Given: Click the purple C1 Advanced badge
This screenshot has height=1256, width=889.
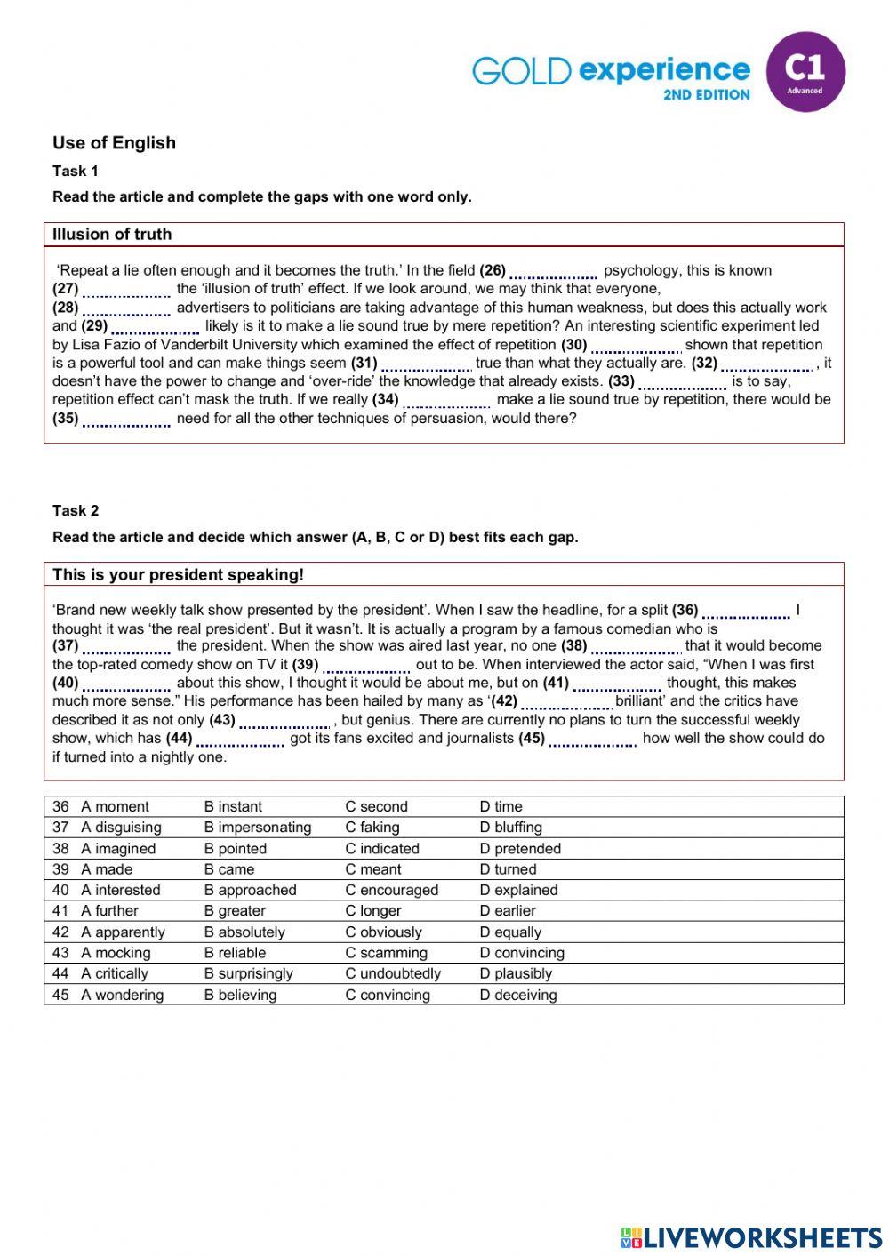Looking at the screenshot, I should click(x=805, y=72).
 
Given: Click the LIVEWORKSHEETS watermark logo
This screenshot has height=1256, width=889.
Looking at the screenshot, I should click(x=751, y=1237).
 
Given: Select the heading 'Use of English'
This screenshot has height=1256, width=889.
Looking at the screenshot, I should click(x=114, y=142).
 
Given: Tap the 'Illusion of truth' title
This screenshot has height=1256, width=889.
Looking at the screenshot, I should click(x=112, y=235).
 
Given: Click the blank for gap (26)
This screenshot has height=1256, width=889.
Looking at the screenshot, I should click(x=553, y=272).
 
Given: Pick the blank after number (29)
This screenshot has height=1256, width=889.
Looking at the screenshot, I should click(x=155, y=327).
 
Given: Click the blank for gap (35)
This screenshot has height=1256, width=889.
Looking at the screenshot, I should click(x=126, y=420).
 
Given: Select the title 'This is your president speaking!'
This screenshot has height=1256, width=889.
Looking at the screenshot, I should click(x=178, y=574).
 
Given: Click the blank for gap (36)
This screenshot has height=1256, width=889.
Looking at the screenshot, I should click(x=746, y=612).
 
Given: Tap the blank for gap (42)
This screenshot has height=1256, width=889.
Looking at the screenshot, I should click(x=565, y=702).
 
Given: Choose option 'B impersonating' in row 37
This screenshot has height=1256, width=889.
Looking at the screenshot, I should click(x=258, y=828).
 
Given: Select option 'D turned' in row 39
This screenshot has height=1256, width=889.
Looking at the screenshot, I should click(x=508, y=869).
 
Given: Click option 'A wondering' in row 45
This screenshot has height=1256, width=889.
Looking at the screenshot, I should click(x=122, y=995).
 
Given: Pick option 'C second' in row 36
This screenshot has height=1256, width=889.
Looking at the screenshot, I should click(x=376, y=807).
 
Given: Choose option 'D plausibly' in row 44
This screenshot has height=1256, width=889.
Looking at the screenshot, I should click(x=516, y=973).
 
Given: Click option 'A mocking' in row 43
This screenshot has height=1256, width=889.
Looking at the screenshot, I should click(x=116, y=953).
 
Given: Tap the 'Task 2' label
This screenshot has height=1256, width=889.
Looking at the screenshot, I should click(x=76, y=510).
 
